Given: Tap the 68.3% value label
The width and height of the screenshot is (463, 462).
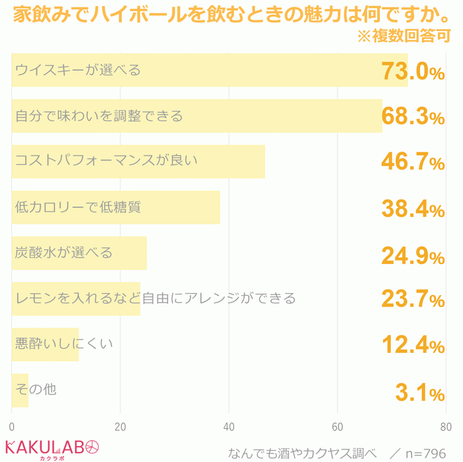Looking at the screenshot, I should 413,116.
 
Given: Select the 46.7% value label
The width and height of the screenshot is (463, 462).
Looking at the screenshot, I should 413,162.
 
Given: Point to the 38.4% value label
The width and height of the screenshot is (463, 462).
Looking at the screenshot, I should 413,208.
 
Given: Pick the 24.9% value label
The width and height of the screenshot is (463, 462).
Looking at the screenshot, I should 413,254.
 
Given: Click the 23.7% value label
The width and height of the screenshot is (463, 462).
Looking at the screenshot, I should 413,300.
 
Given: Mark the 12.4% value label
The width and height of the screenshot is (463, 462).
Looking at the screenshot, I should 413,346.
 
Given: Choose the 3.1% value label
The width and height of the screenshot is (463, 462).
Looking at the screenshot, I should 419,393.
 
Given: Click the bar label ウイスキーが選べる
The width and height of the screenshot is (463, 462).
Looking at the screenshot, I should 78,69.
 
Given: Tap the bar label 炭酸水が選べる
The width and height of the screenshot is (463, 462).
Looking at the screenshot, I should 64,252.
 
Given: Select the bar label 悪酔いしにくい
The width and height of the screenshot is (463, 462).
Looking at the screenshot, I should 64,344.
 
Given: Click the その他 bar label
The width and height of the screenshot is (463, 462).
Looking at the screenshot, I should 36,389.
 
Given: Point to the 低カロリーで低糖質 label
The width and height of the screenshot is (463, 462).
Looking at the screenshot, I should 78,207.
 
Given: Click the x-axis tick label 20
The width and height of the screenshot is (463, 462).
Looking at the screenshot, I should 120,426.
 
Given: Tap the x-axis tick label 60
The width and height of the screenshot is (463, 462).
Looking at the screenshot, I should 338,426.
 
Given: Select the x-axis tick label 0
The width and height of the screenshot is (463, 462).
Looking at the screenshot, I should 12,426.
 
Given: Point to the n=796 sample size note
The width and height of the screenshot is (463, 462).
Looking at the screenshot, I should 425,453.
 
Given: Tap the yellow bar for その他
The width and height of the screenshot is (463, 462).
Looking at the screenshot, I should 20,391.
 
